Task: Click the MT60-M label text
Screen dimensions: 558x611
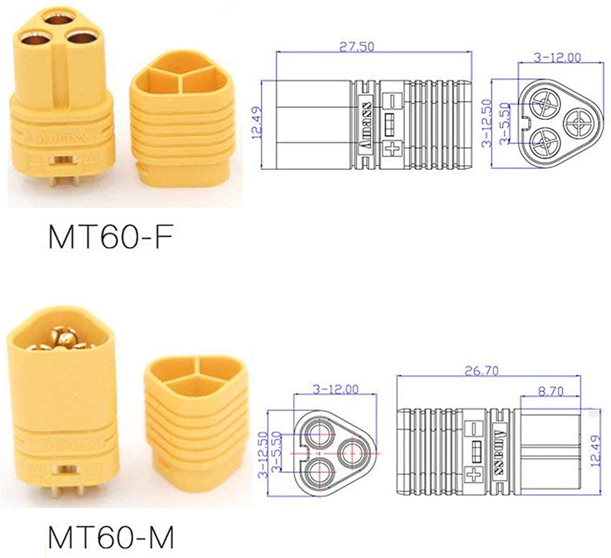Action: pyautogui.click(x=111, y=537)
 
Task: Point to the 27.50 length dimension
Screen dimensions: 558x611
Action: pyautogui.click(x=356, y=46)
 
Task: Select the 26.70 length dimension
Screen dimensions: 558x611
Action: pyautogui.click(x=481, y=371)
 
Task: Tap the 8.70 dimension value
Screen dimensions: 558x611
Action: pyautogui.click(x=550, y=391)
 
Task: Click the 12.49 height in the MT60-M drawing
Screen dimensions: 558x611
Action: pyautogui.click(x=596, y=450)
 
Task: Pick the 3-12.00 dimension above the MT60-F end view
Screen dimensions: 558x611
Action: pyautogui.click(x=557, y=57)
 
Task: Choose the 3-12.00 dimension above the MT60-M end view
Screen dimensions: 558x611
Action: pyautogui.click(x=336, y=389)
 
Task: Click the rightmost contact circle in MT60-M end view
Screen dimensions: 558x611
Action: pyautogui.click(x=352, y=453)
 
